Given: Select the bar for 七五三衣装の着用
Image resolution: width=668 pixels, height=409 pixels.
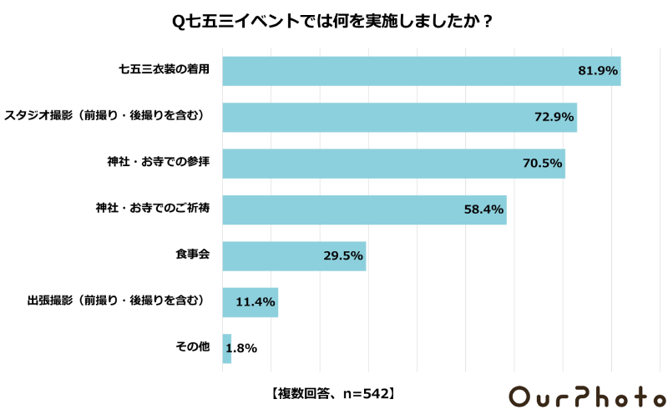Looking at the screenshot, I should (401, 72).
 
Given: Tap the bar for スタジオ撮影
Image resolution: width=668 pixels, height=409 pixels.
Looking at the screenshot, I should (376, 118).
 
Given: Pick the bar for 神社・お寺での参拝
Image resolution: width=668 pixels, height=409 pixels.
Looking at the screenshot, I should (367, 164).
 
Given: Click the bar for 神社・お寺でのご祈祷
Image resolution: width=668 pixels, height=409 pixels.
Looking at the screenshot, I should (342, 210).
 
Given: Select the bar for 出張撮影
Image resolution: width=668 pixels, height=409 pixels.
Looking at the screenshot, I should (242, 302).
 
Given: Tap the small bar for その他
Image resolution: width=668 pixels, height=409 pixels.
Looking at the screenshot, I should (227, 348).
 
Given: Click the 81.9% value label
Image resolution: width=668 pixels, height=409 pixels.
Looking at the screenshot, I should (598, 72).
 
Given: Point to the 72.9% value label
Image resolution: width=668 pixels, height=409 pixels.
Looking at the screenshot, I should (554, 118).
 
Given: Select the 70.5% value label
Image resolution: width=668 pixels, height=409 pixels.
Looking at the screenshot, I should (543, 164).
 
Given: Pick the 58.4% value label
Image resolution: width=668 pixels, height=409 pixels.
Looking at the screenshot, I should (484, 210).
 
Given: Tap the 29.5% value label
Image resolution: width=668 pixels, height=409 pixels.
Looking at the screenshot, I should (343, 256).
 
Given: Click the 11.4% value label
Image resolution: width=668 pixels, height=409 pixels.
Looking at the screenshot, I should (256, 302).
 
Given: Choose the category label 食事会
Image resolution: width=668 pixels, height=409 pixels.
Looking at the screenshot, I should (192, 255).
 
